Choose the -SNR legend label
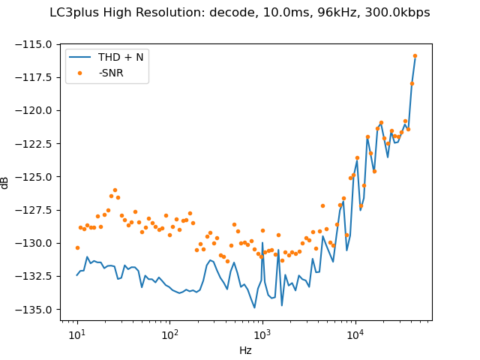111,72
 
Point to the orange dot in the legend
80,72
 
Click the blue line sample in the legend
80,57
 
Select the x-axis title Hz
245,350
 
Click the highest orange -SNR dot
415,55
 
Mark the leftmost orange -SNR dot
77,247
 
